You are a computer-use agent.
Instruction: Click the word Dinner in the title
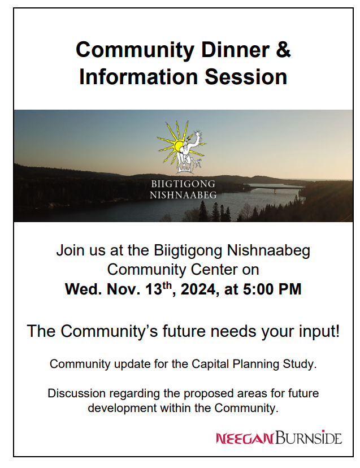(x=235, y=50)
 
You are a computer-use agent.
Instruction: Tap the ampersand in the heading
(x=283, y=50)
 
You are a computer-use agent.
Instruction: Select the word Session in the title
(x=246, y=77)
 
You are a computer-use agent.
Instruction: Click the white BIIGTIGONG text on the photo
(x=183, y=184)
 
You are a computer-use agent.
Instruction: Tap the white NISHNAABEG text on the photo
(x=183, y=195)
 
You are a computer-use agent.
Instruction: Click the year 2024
(x=198, y=289)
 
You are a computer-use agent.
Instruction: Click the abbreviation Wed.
(x=83, y=289)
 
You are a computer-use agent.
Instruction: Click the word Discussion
(x=76, y=393)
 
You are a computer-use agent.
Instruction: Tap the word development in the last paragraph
(x=122, y=408)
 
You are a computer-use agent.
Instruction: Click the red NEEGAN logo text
(x=245, y=438)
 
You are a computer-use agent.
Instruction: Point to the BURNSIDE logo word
(x=309, y=437)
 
